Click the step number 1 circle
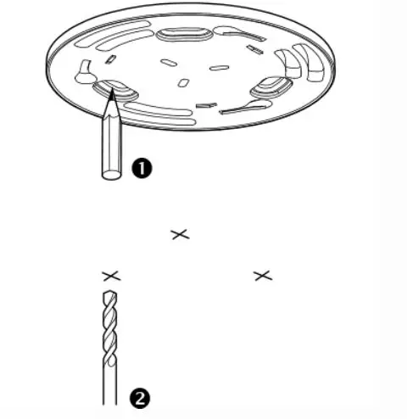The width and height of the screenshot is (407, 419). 141,168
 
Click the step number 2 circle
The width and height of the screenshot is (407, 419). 138,396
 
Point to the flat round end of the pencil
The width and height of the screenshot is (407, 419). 110,175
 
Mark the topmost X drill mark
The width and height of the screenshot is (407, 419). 180,233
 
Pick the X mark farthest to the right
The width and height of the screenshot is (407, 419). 262,275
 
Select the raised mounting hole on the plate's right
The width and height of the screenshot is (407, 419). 270,85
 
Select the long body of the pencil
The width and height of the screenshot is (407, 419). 110,144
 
